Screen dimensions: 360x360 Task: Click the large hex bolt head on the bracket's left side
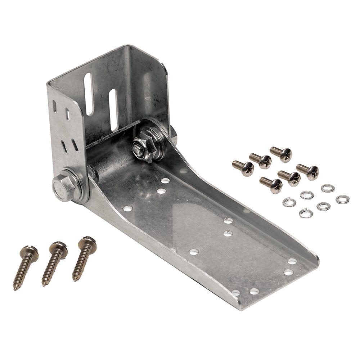64,187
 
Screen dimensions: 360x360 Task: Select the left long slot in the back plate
89,94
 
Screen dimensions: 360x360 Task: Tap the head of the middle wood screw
58,247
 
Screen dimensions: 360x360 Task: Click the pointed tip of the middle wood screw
44,284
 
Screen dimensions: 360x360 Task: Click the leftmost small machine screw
243,168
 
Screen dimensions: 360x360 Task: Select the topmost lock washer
328,188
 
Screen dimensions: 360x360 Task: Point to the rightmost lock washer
342,199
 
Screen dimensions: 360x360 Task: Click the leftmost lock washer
289,202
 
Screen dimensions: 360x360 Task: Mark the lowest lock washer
306,213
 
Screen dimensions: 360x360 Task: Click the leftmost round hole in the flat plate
127,208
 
